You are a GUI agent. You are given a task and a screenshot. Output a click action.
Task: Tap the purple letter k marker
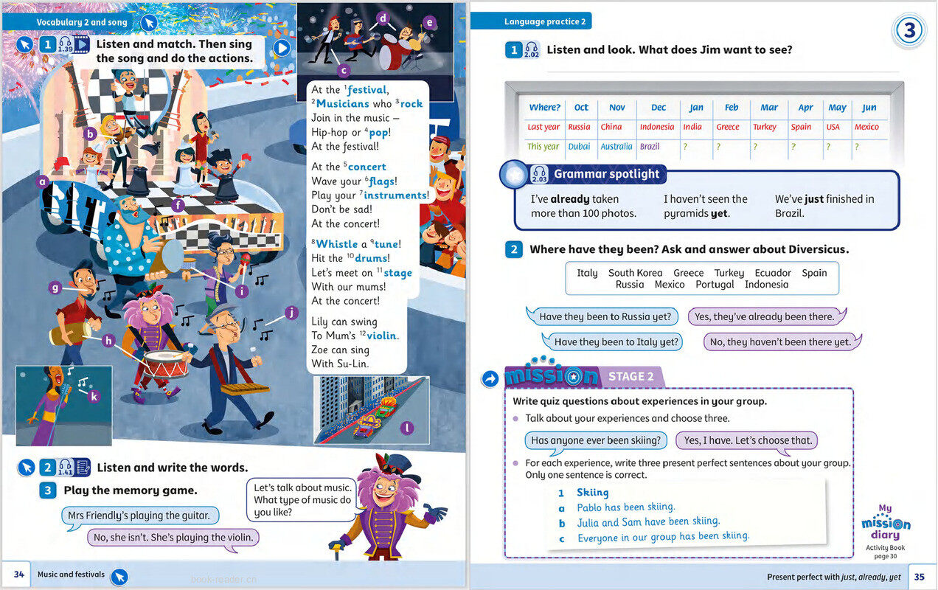point(93,397)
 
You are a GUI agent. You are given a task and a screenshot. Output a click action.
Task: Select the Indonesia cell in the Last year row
point(656,127)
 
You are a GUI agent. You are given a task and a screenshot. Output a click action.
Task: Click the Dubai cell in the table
point(579,147)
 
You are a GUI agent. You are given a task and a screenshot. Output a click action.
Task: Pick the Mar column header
point(769,108)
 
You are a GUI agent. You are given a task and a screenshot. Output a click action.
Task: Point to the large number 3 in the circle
point(910,32)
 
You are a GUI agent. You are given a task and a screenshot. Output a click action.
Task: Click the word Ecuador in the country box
point(773,273)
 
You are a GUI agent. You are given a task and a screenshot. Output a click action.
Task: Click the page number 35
point(919,577)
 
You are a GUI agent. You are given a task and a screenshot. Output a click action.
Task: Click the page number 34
point(20,575)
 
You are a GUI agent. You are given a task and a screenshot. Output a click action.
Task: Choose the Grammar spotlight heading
point(607,175)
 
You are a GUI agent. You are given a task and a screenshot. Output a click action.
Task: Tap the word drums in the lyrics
point(371,258)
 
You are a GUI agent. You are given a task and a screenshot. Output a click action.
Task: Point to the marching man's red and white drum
point(165,363)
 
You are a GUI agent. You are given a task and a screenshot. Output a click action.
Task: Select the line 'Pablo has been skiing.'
point(626,507)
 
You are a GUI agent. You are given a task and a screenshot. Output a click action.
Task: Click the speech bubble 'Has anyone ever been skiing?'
point(596,440)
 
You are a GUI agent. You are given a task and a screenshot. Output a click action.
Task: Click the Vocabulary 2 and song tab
point(81,23)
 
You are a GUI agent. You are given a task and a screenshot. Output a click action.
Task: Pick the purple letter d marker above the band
point(383,18)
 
